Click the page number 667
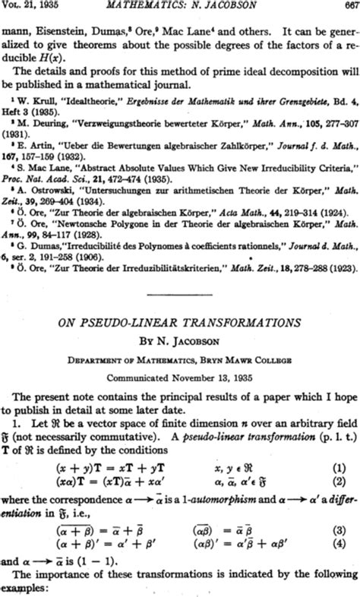click(x=348, y=7)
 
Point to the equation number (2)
click(x=346, y=482)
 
